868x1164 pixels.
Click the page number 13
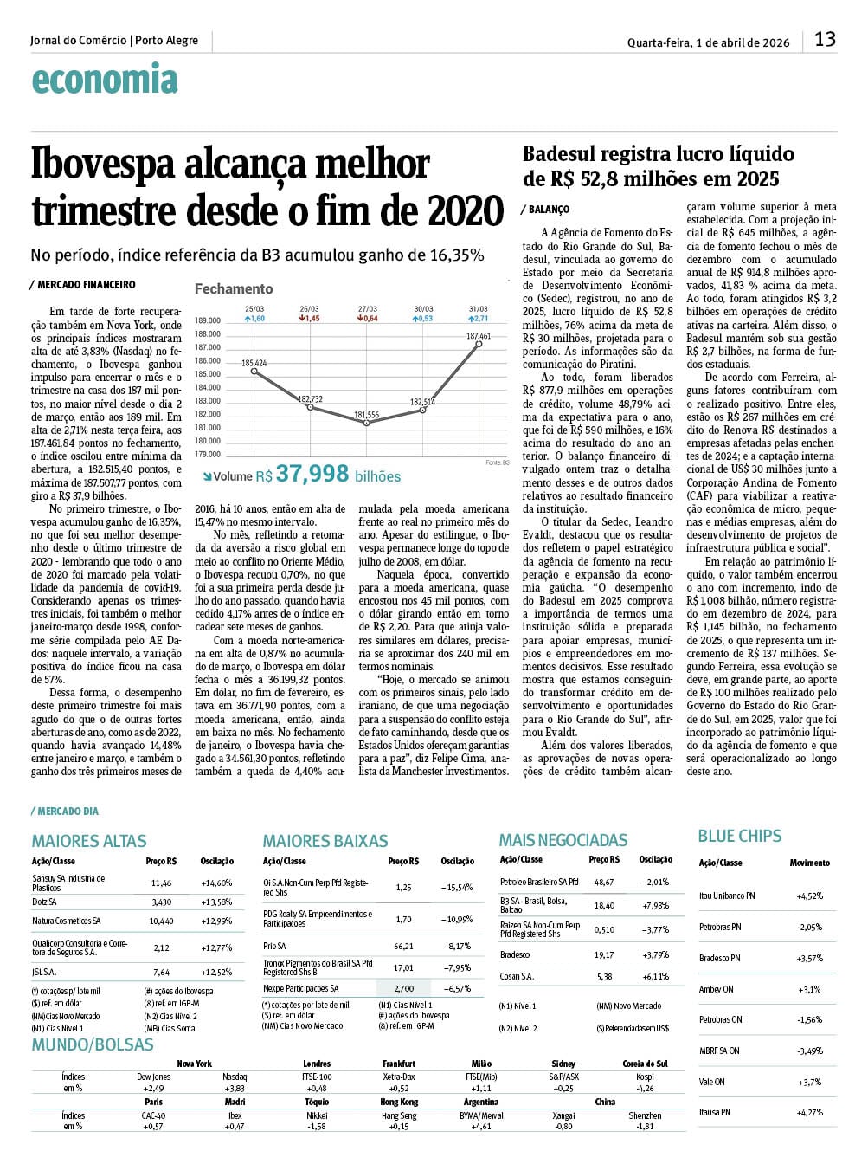pos(825,39)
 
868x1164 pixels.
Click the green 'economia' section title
pos(104,80)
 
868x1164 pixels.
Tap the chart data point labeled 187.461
pos(479,345)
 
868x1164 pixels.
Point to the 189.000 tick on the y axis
pos(208,320)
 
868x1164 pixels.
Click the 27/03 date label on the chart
pos(368,309)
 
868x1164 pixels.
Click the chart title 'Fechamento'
pos(233,288)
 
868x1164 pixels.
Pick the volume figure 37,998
pos(312,474)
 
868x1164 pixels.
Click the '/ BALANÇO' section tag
pos(546,210)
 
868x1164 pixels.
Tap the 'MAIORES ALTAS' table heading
pos(89,841)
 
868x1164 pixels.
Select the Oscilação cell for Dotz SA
pos(216,902)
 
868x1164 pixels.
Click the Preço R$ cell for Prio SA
pos(403,947)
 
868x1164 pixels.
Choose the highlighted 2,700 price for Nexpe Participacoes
pos(403,988)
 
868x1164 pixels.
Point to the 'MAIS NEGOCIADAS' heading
pos(563,840)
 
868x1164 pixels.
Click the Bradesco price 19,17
pos(604,955)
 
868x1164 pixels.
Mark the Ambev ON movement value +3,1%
pos(808,989)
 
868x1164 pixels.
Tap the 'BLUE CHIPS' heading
pos(739,836)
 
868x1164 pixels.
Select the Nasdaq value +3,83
pos(234,1089)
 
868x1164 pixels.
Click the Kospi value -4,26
pos(645,1089)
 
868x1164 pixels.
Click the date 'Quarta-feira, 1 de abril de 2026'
pos(708,42)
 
